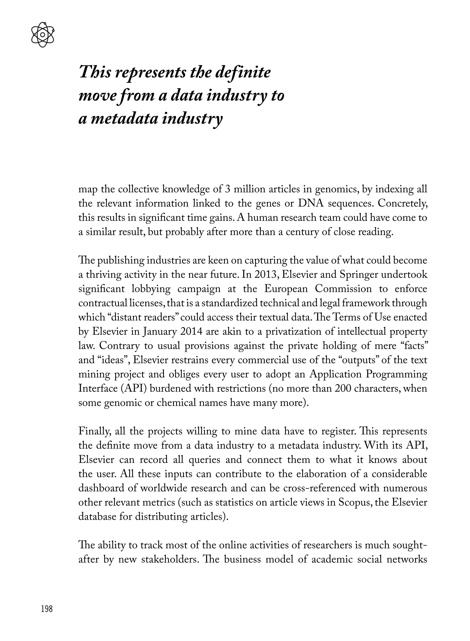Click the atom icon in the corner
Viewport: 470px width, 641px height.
pyautogui.click(x=42, y=35)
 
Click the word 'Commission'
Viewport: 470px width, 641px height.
pyautogui.click(x=343, y=289)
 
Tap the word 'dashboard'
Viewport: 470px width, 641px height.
pyautogui.click(x=101, y=488)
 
